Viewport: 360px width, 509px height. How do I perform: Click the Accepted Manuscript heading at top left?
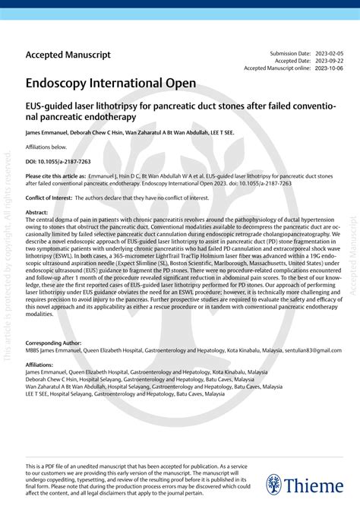[x=68, y=55]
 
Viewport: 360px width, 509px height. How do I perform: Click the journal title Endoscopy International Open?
[x=111, y=81]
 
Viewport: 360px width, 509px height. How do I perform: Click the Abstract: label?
[x=37, y=213]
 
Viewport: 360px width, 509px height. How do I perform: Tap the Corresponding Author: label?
[x=54, y=343]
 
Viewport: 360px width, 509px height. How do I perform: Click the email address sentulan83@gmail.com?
[x=313, y=351]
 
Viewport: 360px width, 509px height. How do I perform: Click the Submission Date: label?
[x=290, y=53]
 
